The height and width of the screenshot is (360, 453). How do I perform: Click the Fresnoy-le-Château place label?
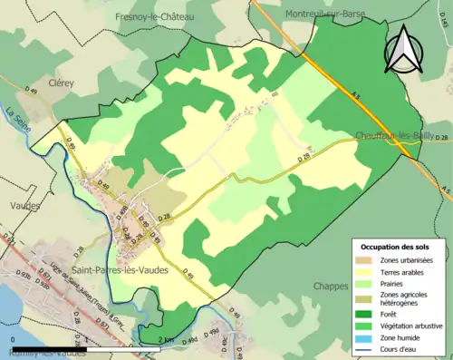(x=154, y=16)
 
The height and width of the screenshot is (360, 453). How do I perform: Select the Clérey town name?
(x=61, y=82)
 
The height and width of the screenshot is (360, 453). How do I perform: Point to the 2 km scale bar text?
(x=166, y=339)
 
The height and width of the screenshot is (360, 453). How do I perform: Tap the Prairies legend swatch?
(x=366, y=283)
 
